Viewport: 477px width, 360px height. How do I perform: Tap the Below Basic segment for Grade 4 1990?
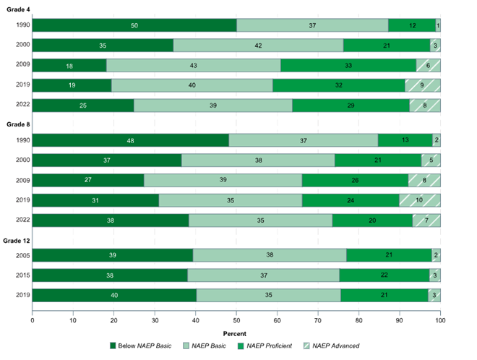tap(134, 25)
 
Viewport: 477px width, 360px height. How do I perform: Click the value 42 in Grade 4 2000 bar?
tap(258, 45)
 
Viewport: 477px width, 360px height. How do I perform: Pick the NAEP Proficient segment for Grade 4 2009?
tap(348, 65)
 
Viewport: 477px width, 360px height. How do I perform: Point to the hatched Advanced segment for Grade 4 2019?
tap(422, 85)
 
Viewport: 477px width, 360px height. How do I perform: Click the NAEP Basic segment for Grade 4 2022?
tap(213, 106)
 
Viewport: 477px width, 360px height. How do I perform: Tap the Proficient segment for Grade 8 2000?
tap(378, 160)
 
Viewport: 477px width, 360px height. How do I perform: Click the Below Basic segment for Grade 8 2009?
tap(87, 181)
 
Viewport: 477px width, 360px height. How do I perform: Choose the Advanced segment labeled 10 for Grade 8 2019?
tap(420, 200)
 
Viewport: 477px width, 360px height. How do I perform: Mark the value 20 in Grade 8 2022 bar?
tap(372, 220)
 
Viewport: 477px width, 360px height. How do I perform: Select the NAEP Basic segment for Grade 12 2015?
tap(263, 275)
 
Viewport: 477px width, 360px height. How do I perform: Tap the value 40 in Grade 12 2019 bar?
tap(114, 296)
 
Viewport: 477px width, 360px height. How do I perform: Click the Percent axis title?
tap(236, 333)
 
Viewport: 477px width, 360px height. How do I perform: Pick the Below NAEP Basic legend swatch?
tap(113, 346)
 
